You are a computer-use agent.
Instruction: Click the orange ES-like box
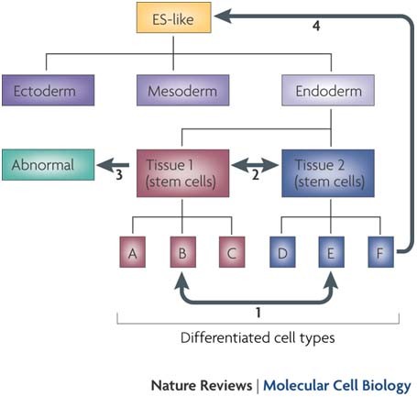pos(173,17)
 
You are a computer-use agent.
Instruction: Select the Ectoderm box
pos(49,91)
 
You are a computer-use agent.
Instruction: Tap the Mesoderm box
pos(182,91)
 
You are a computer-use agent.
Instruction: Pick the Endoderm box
pos(328,91)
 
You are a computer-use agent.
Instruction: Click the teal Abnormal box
pos(49,165)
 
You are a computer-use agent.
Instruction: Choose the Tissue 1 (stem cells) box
pos(182,173)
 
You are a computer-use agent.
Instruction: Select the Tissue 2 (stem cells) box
pos(328,173)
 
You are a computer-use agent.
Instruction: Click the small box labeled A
pos(133,252)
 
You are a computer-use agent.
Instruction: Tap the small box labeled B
pos(182,252)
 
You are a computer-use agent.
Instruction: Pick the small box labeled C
pos(232,252)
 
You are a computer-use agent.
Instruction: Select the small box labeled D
pos(282,252)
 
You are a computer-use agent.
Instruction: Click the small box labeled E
pos(332,252)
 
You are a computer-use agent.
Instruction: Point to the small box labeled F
pos(380,252)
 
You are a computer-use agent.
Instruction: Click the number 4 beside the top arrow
pos(316,26)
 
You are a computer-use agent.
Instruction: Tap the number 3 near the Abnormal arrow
pos(119,175)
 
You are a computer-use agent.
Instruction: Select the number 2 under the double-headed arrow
pos(256,175)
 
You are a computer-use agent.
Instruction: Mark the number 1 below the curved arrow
pos(258,313)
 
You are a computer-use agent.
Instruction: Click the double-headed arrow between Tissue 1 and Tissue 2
pos(255,165)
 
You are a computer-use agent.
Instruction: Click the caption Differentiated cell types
pos(258,338)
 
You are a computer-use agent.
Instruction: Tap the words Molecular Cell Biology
pos(337,386)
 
